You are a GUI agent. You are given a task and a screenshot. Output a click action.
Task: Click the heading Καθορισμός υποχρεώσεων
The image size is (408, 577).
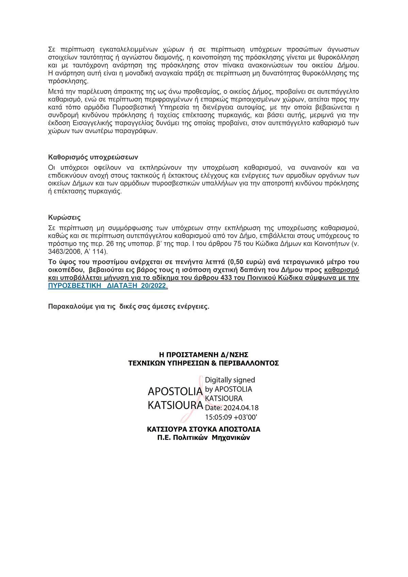[93, 157]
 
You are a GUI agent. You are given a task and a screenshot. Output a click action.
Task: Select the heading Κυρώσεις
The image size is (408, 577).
[64, 217]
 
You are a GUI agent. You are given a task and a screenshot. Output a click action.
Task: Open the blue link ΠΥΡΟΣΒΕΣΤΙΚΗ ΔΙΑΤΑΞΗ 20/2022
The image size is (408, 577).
[107, 286]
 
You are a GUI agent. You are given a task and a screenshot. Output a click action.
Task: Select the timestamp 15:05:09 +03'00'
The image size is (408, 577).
[231, 417]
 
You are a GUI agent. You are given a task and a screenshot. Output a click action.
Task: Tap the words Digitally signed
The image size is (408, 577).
[230, 380]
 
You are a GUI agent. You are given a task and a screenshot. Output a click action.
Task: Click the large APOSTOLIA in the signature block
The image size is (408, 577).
[175, 392]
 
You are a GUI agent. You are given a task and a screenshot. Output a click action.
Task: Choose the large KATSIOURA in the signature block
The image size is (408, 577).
[175, 405]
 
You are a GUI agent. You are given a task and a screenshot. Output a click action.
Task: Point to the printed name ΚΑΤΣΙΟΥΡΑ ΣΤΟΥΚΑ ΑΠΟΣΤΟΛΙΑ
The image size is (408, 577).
[204, 429]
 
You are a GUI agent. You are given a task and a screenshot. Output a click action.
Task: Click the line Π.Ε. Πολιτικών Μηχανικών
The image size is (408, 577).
[204, 438]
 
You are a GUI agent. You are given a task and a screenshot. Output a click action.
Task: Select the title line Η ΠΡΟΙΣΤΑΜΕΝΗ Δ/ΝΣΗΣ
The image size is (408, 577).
[204, 355]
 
